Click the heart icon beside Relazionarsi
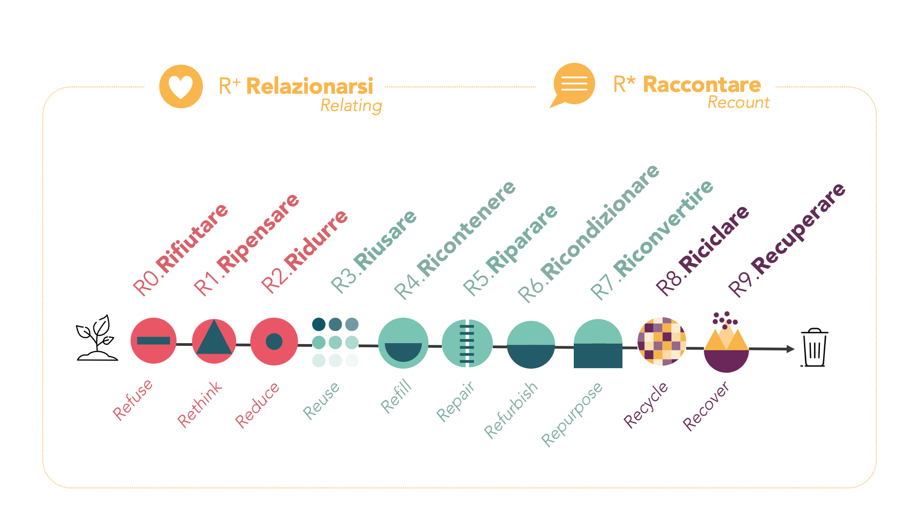[x=181, y=86]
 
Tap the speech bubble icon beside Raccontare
[x=573, y=84]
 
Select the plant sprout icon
[x=96, y=338]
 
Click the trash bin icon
[x=814, y=348]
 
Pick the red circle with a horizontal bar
[x=153, y=340]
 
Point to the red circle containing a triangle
[x=214, y=341]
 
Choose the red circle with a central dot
[x=274, y=341]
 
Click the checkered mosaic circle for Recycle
[x=662, y=341]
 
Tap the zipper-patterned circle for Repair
[x=467, y=343]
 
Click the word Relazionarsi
[x=309, y=86]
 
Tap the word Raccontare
[x=702, y=85]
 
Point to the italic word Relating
[x=351, y=106]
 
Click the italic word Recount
[x=738, y=103]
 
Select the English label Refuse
[x=132, y=400]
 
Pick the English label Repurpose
[x=572, y=414]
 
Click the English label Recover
[x=706, y=406]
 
